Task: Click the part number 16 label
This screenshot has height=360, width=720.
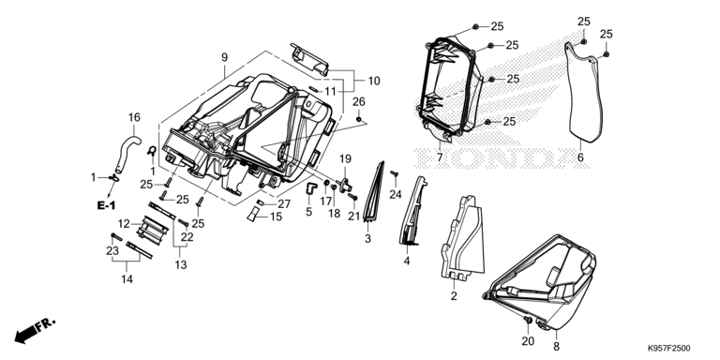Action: point(134,117)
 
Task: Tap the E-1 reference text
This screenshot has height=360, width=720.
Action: point(106,205)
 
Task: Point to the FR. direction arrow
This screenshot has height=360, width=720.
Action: point(35,331)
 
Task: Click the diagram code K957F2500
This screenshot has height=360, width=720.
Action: point(668,349)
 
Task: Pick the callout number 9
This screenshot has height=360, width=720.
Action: point(224,57)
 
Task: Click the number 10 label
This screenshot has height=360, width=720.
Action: point(374,82)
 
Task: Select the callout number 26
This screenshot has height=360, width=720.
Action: point(359,101)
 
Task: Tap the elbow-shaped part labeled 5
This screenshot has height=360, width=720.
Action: point(311,188)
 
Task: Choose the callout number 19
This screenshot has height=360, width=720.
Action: point(345,159)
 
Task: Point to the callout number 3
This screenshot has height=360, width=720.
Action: point(367,238)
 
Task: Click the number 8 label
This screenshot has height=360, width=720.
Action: point(557,347)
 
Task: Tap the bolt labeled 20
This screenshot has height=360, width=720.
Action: point(528,319)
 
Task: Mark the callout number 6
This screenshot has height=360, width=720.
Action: point(580,157)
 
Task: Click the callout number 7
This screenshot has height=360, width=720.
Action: point(440,157)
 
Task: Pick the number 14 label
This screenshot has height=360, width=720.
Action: point(127,278)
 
